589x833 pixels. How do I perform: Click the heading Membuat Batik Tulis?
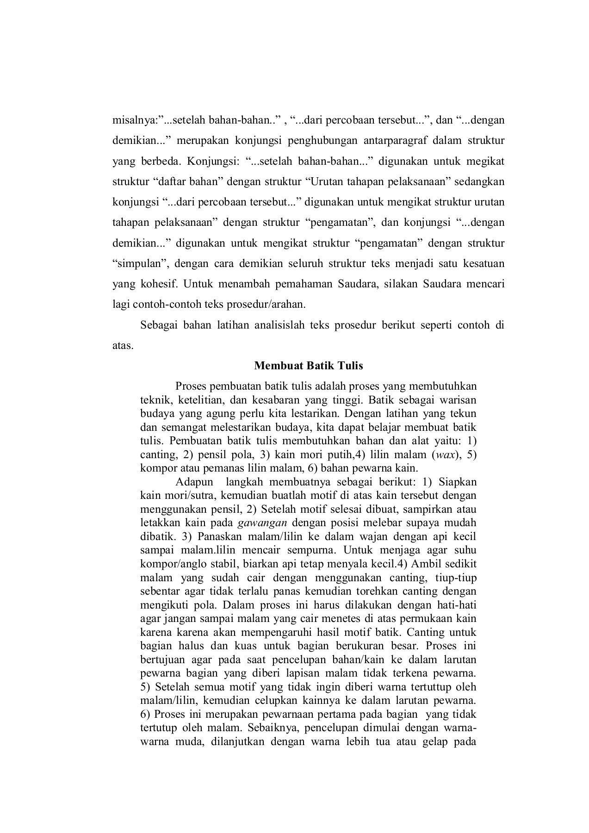point(309,366)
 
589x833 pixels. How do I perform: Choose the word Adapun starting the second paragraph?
point(191,482)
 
